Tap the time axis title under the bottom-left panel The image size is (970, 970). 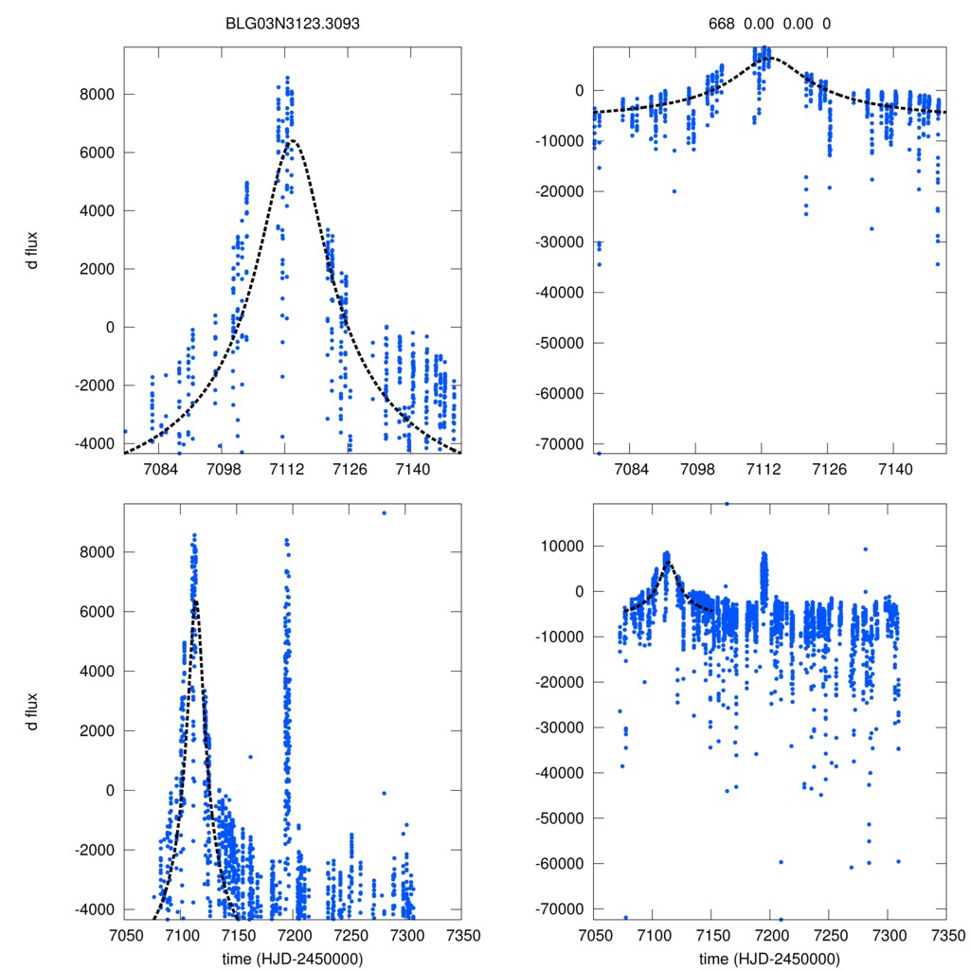coord(292,959)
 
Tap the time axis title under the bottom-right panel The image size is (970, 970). coord(769,959)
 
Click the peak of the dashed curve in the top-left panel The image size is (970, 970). coord(294,141)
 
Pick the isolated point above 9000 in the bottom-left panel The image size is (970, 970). coord(384,512)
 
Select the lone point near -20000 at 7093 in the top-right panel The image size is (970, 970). coord(674,191)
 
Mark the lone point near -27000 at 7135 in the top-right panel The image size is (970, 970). coord(871,228)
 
